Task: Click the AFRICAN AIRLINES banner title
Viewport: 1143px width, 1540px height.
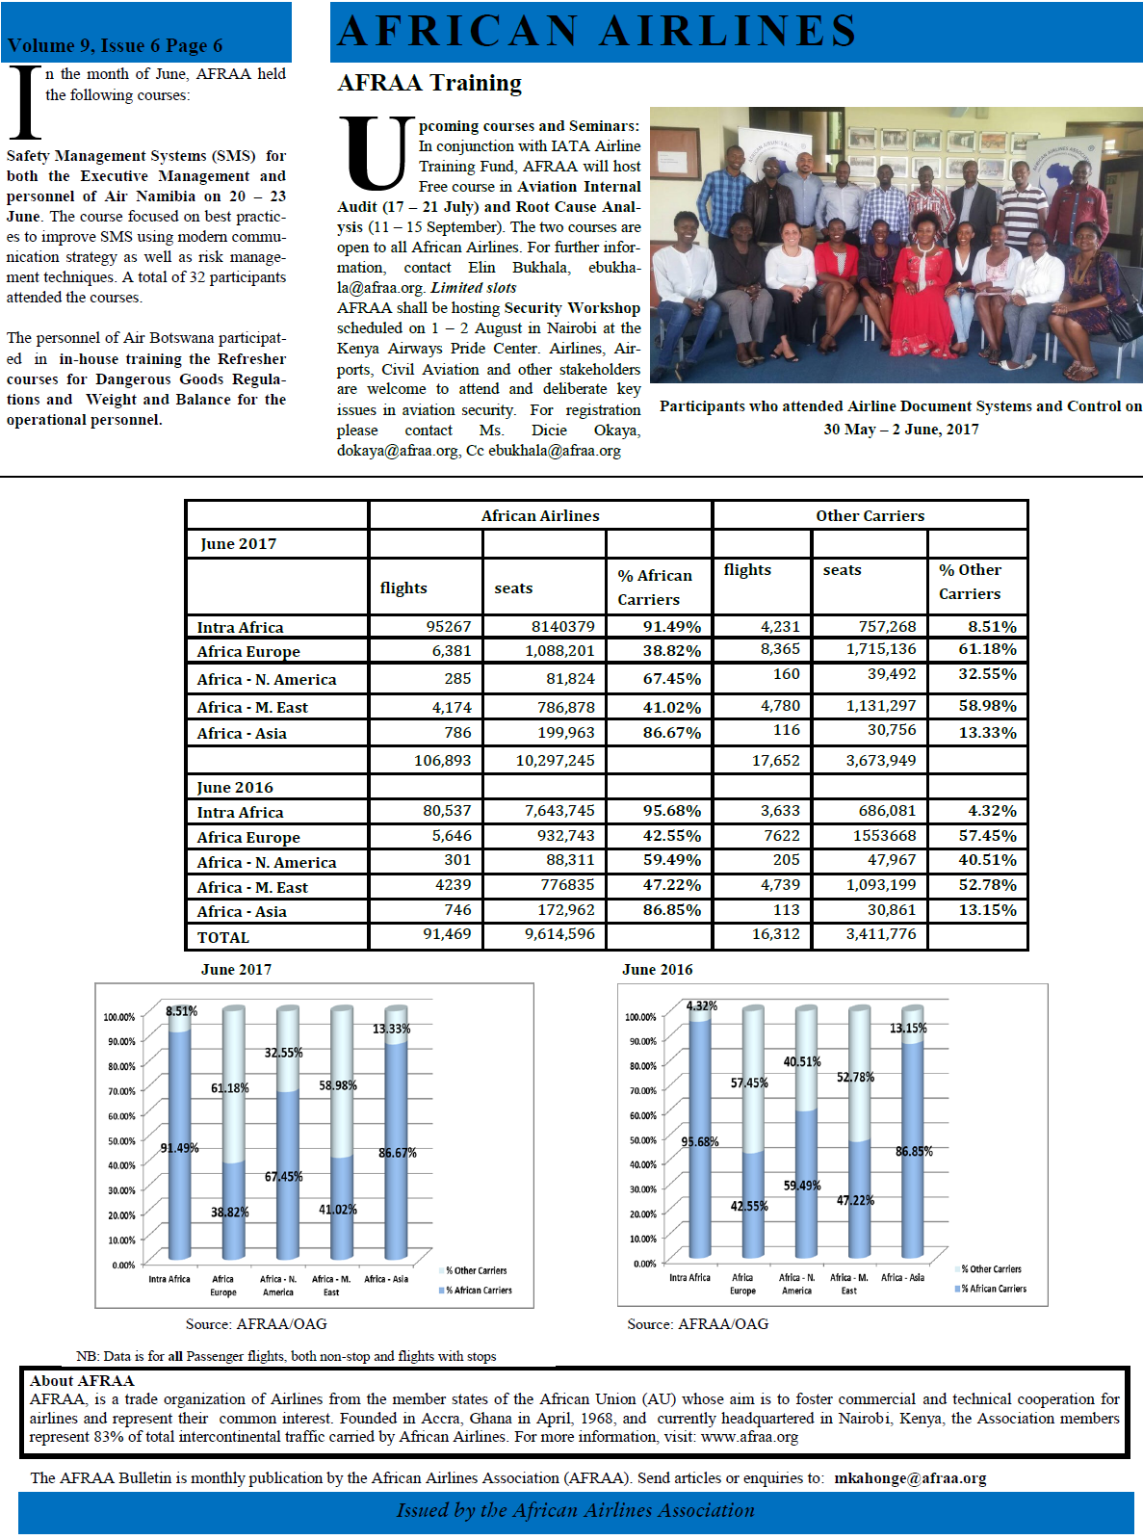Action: pos(597,31)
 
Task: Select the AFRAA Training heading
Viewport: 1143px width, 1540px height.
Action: pos(429,84)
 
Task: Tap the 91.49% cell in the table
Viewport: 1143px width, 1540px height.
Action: pos(671,627)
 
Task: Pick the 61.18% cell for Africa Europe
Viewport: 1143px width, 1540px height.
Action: pos(987,649)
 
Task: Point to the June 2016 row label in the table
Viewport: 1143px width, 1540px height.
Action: pos(235,787)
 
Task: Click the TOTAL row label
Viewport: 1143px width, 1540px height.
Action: pos(223,937)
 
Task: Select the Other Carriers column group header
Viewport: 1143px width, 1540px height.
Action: pos(870,515)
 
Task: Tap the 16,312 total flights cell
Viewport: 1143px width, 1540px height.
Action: pos(775,934)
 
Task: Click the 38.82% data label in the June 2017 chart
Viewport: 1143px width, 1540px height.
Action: pos(230,1212)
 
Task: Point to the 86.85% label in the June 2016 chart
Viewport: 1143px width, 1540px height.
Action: pos(914,1151)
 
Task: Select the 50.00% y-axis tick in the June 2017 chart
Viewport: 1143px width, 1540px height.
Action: pos(120,1141)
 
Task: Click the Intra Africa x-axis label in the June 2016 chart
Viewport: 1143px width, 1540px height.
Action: pos(689,1278)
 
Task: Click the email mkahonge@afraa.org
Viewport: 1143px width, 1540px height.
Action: pos(910,1478)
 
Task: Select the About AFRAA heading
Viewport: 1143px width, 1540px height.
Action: pos(82,1380)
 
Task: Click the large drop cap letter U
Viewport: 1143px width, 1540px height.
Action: pos(375,154)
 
